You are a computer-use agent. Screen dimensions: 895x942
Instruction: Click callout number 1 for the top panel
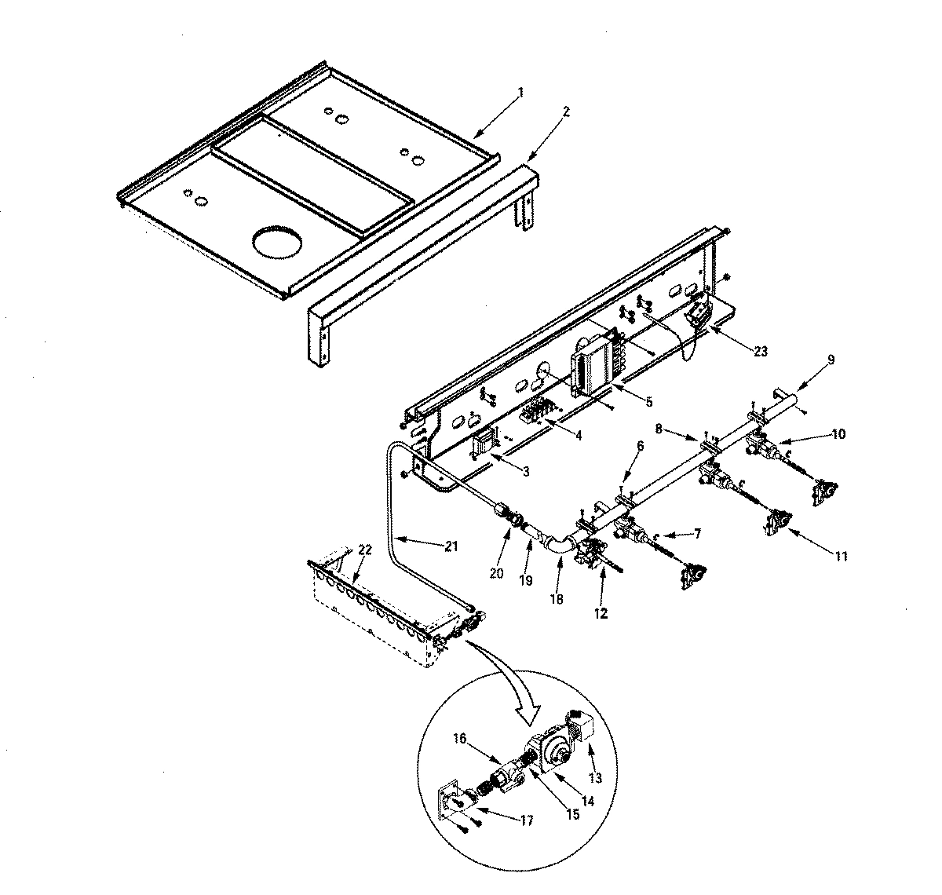[x=520, y=92]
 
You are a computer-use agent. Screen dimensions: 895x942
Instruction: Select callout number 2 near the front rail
[x=567, y=111]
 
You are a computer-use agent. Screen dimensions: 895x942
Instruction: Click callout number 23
[x=760, y=352]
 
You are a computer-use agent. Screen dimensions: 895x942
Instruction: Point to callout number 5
[x=649, y=401]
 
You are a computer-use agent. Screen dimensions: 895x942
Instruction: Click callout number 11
[x=841, y=557]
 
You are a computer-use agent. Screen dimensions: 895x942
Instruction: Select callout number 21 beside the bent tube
[x=451, y=547]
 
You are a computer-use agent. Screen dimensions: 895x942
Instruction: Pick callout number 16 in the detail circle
[x=461, y=739]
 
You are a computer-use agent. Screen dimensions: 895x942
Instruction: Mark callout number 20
[x=495, y=573]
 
